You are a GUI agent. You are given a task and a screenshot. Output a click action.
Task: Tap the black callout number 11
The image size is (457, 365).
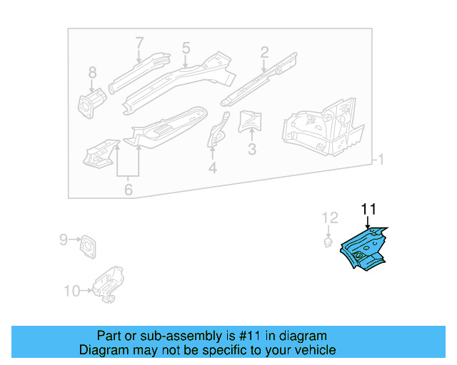coord(368,209)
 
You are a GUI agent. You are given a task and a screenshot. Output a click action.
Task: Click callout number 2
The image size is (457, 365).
coord(264,52)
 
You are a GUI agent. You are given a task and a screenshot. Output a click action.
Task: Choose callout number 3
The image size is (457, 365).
coord(251,150)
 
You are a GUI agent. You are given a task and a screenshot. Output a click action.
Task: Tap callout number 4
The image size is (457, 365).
coord(212,168)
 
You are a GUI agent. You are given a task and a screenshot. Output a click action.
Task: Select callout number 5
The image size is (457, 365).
coord(186,48)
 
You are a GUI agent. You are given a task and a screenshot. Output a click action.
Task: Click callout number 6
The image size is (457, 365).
coord(129,190)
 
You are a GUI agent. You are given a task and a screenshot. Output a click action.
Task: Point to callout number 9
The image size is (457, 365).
coord(63,240)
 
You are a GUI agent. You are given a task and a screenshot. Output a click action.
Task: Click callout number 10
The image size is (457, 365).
coord(71,291)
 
